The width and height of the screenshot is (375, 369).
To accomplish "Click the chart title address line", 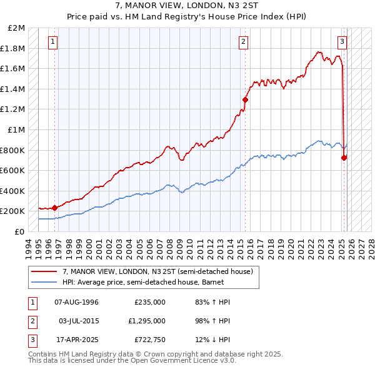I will click(x=187, y=6).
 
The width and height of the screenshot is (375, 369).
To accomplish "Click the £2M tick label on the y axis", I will click(x=17, y=28).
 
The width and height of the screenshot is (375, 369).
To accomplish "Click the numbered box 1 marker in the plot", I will click(x=52, y=42).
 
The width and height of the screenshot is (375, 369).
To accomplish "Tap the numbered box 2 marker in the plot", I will click(x=243, y=42).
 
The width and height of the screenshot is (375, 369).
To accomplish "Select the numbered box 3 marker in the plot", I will click(x=342, y=42).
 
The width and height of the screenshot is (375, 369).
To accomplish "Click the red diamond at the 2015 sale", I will click(x=246, y=99).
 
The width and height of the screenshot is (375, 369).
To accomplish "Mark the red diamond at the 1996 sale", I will click(x=55, y=208).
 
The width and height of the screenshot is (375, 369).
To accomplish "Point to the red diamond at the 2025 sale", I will click(x=344, y=158).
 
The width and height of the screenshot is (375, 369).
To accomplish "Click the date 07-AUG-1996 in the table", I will click(x=76, y=302).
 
